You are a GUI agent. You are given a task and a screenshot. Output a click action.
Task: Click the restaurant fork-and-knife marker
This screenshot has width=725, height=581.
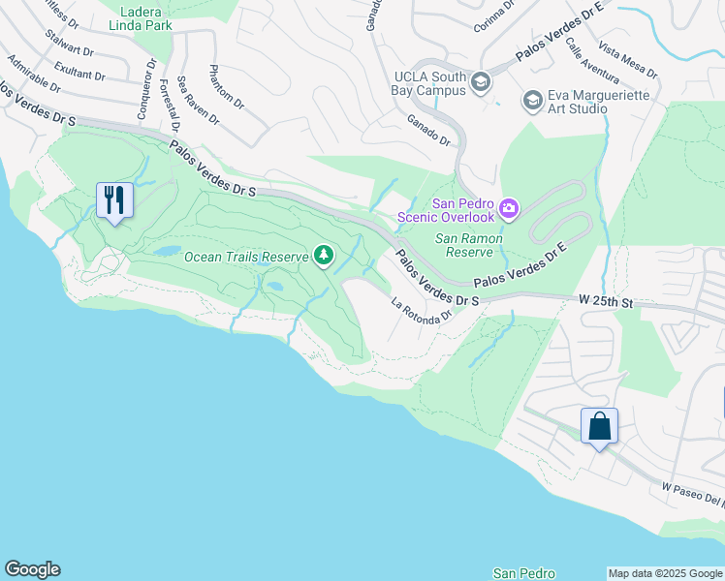(114, 200)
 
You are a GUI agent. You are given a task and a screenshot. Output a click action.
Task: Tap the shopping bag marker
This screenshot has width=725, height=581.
(599, 426)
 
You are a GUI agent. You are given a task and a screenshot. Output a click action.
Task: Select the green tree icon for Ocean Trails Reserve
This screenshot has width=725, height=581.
(324, 256)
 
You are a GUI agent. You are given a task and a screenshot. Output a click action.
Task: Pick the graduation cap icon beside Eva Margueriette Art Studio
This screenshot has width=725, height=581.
(531, 100)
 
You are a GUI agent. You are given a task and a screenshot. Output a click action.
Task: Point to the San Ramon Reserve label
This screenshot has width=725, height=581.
(471, 244)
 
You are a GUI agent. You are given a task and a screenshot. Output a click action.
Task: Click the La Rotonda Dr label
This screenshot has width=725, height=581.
(422, 309)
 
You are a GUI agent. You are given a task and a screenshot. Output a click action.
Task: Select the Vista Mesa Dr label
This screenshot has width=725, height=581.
(628, 60)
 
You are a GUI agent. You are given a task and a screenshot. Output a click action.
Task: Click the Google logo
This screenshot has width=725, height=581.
(32, 569)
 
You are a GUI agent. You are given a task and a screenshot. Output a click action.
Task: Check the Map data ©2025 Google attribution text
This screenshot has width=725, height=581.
(665, 573)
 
